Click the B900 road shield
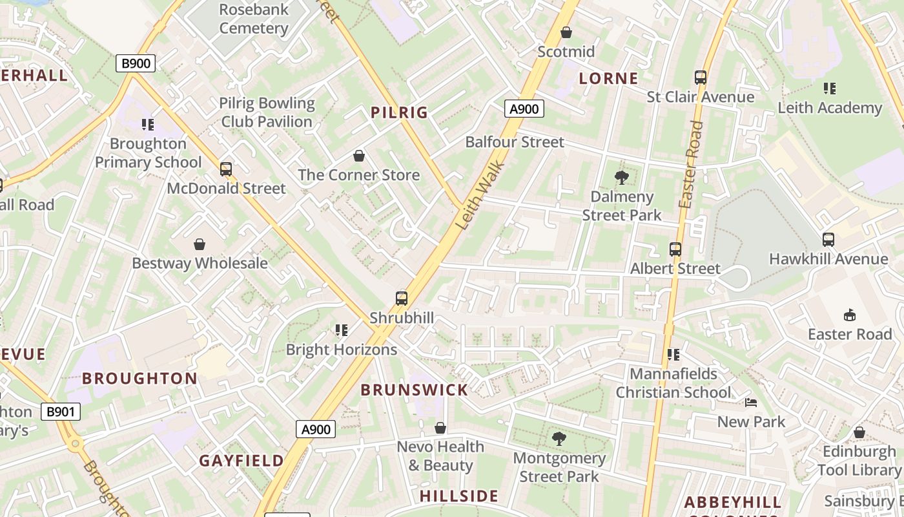pos(136,63)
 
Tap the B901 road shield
pos(61,412)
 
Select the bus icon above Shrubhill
pos(402,299)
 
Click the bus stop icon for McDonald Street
pos(225,169)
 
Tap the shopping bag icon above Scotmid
pos(566,32)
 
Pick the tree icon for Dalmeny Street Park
pos(622,177)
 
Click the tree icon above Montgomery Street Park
pos(559,439)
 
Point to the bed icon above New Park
pos(751,403)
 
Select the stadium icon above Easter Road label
pos(850,315)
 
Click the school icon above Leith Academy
pos(830,89)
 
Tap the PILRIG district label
pos(400,112)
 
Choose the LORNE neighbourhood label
pos(608,79)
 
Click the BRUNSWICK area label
pos(414,390)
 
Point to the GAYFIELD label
pos(241,461)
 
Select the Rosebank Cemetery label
pos(254,19)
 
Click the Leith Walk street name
pos(480,195)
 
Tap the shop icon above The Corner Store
pos(359,156)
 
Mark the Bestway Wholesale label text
pos(200,263)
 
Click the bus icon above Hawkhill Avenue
pos(828,240)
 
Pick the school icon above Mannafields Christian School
pos(673,354)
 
